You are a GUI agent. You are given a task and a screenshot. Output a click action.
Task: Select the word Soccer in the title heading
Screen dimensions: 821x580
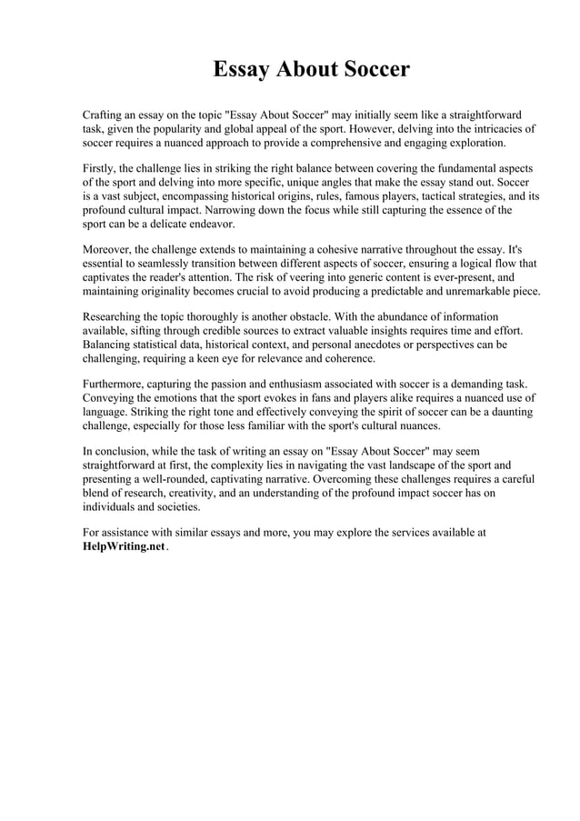point(371,69)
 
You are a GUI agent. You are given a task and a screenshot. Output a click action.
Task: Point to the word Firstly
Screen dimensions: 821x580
point(100,169)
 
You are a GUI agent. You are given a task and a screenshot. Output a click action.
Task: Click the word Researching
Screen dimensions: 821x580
point(115,317)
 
